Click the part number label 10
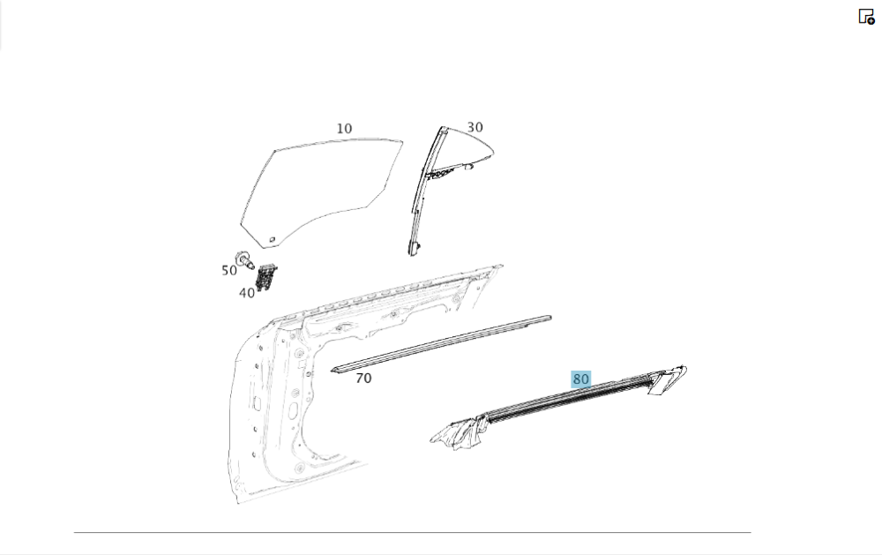pyautogui.click(x=344, y=128)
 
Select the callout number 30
pyautogui.click(x=475, y=127)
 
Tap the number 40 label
pyautogui.click(x=247, y=293)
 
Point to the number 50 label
pyautogui.click(x=229, y=271)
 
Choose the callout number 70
pyautogui.click(x=363, y=379)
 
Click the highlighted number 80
pyautogui.click(x=580, y=379)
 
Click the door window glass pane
pyautogui.click(x=321, y=191)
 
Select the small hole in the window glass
pyautogui.click(x=273, y=240)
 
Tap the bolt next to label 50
pyautogui.click(x=244, y=259)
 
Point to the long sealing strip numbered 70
pyautogui.click(x=441, y=343)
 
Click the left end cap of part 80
pyautogui.click(x=459, y=432)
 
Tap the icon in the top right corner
pyautogui.click(x=866, y=16)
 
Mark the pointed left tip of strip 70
pyautogui.click(x=332, y=371)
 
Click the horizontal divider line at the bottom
pyautogui.click(x=412, y=532)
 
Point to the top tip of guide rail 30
pyautogui.click(x=443, y=129)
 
